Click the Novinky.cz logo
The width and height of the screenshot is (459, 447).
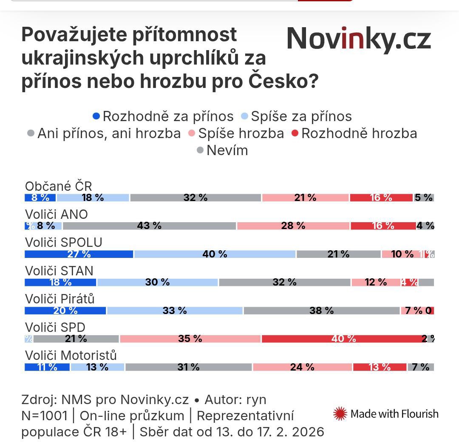coord(359,40)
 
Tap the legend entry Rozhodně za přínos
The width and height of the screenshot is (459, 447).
coord(163,116)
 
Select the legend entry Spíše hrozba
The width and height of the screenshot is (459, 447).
coord(236,133)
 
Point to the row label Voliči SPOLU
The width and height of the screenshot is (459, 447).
coord(64,242)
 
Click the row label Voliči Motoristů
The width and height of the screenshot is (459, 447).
coord(71,355)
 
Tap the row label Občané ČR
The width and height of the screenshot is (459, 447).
coord(59,186)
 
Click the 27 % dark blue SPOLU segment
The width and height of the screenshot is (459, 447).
coord(79,254)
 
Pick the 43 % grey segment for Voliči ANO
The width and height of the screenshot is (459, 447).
coord(149,226)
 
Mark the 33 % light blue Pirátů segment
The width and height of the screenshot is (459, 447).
coord(175,311)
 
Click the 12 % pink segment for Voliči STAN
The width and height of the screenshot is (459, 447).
coord(376,282)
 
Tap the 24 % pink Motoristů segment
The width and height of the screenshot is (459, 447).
coord(302,367)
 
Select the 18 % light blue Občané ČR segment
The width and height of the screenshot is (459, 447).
coord(93,198)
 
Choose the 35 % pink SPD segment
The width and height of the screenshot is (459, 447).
coord(190,339)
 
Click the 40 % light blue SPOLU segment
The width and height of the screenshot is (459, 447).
coord(215,254)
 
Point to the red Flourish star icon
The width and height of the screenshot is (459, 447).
coord(340,413)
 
